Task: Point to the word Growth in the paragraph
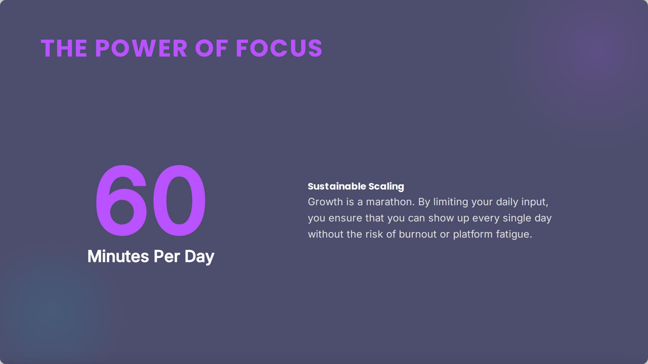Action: point(325,202)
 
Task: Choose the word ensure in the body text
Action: point(345,218)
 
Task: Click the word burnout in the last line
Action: point(418,234)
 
